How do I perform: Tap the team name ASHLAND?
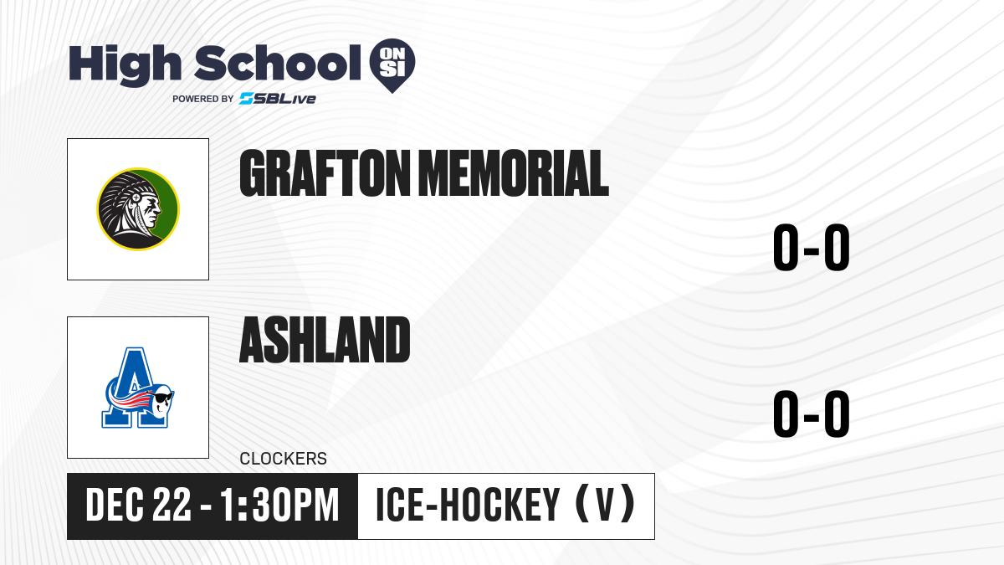pos(325,340)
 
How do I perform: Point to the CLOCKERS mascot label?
pos(284,459)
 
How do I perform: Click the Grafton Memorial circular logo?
pos(138,209)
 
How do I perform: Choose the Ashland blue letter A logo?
pos(137,388)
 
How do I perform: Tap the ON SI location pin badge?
pos(392,65)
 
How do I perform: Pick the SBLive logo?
pos(278,98)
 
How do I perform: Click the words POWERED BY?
pos(203,99)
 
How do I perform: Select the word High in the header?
pos(125,64)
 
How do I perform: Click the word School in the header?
pos(278,63)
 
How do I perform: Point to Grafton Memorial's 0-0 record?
pos(812,247)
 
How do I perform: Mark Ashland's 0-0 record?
pos(812,413)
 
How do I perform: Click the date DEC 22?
pos(138,505)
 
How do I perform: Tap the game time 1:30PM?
pos(279,505)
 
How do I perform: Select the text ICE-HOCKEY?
pos(468,505)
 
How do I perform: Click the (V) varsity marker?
pos(605,504)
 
